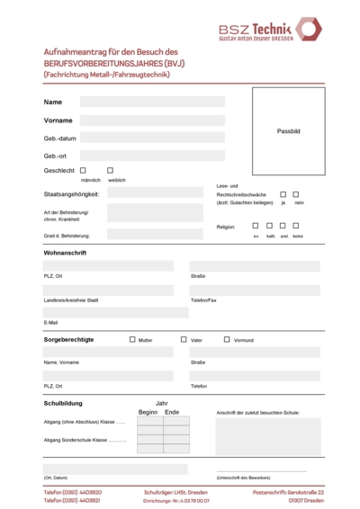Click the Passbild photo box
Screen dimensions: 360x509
coord(288,131)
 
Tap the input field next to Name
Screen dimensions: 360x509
coord(152,102)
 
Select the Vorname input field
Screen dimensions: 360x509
coord(152,120)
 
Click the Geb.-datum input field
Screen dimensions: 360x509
coord(152,138)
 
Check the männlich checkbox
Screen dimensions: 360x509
coord(83,170)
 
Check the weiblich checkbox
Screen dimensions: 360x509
coord(110,170)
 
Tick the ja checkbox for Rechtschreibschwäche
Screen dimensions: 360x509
coord(283,193)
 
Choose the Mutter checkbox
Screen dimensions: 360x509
coord(132,340)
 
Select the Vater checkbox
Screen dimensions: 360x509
coord(184,340)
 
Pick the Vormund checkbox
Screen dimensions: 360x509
coord(226,340)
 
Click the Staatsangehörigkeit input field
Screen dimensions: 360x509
coord(142,192)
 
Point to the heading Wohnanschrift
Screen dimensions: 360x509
coord(65,253)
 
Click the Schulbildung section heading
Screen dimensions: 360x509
coord(63,404)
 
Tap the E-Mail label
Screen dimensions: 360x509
coord(50,322)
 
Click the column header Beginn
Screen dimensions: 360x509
coord(148,412)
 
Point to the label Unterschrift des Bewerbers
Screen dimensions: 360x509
coord(243,477)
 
